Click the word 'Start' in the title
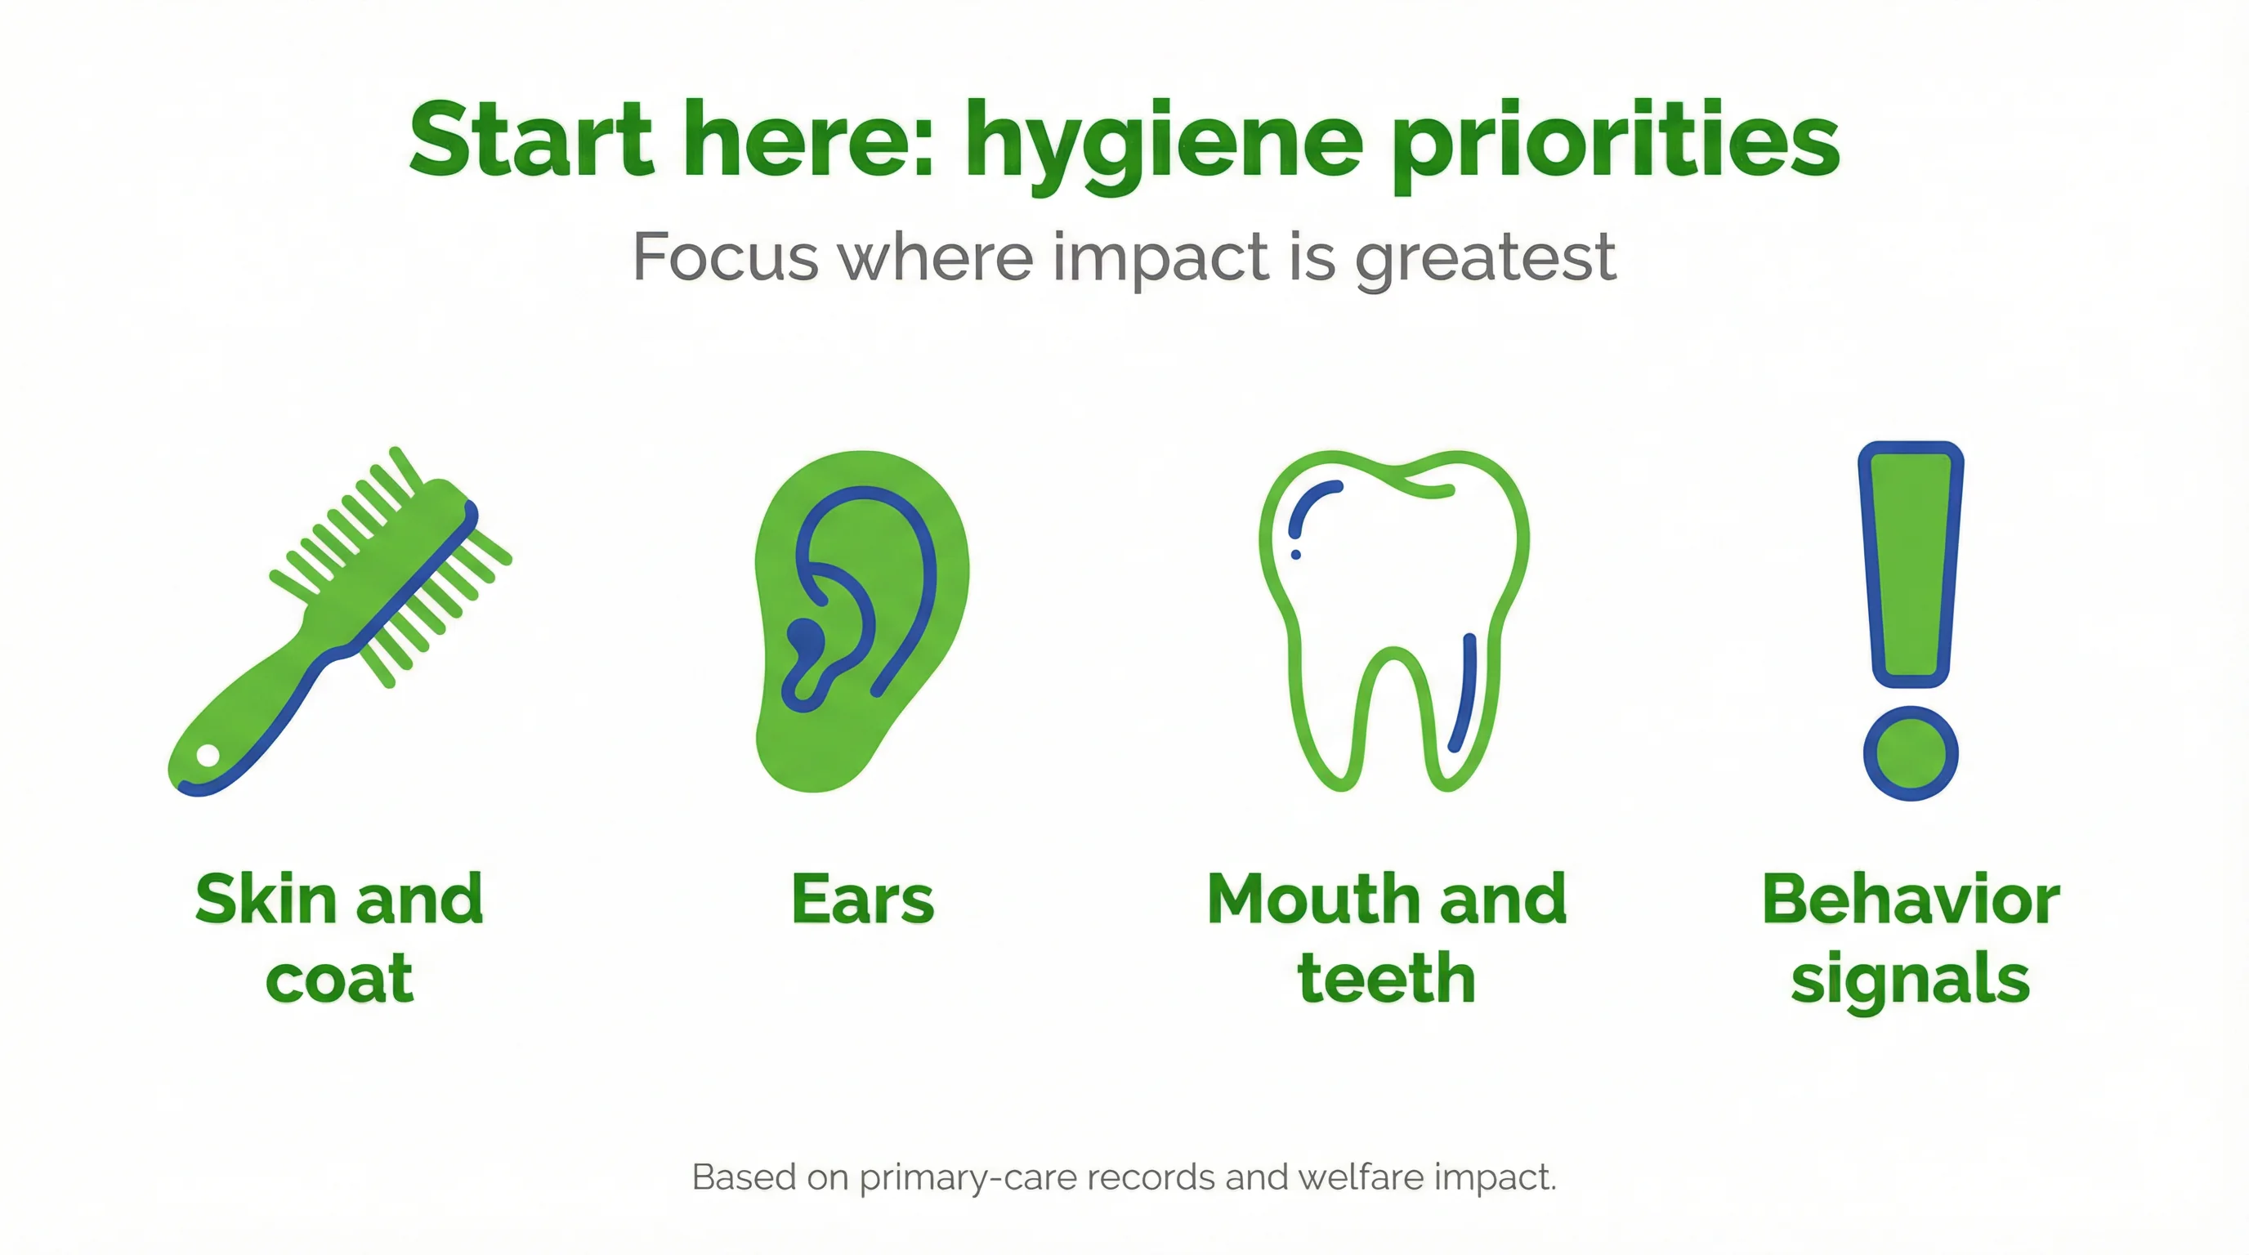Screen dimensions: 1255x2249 (531, 140)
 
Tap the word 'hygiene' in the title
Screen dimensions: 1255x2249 (1164, 144)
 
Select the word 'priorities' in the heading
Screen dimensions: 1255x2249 (1616, 144)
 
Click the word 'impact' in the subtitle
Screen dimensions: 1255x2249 (1160, 258)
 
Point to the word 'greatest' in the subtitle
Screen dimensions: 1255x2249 (1485, 258)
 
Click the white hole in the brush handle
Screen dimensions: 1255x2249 (208, 755)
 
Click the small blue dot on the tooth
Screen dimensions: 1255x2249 (1295, 554)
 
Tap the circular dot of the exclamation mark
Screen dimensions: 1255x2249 (1910, 753)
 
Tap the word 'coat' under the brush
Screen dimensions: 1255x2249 (339, 979)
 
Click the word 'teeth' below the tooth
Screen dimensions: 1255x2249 (1386, 979)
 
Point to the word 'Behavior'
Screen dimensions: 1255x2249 (1910, 899)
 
